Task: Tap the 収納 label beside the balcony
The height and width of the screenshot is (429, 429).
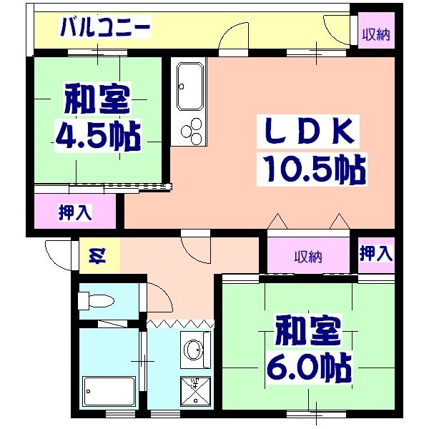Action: (375, 34)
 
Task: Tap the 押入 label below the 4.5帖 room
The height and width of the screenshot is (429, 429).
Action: (74, 212)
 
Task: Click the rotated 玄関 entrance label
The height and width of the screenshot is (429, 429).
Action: (95, 255)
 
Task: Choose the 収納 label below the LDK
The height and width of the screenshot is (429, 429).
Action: (308, 256)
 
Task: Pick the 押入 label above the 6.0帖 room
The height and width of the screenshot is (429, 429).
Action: (375, 253)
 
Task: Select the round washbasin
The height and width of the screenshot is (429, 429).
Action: (194, 350)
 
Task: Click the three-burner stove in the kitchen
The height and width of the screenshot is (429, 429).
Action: (191, 130)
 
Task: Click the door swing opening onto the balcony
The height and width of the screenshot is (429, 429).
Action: (232, 39)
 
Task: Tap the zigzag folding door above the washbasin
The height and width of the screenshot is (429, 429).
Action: (180, 324)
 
